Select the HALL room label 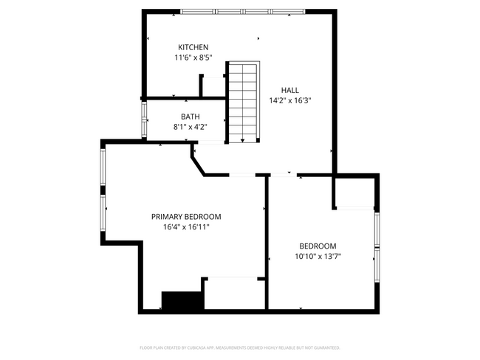[289, 90]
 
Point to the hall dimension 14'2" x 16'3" [289, 100]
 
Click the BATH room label [190, 117]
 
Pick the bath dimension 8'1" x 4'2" [190, 127]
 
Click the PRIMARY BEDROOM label [186, 217]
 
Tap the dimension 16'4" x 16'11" [186, 227]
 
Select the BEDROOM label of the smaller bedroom [318, 246]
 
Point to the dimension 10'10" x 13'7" [318, 257]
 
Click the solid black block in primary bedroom [182, 301]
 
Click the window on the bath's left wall [145, 118]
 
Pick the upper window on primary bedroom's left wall [103, 169]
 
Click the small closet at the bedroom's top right [355, 193]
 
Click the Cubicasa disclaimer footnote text [240, 347]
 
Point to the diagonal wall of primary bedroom [198, 164]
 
